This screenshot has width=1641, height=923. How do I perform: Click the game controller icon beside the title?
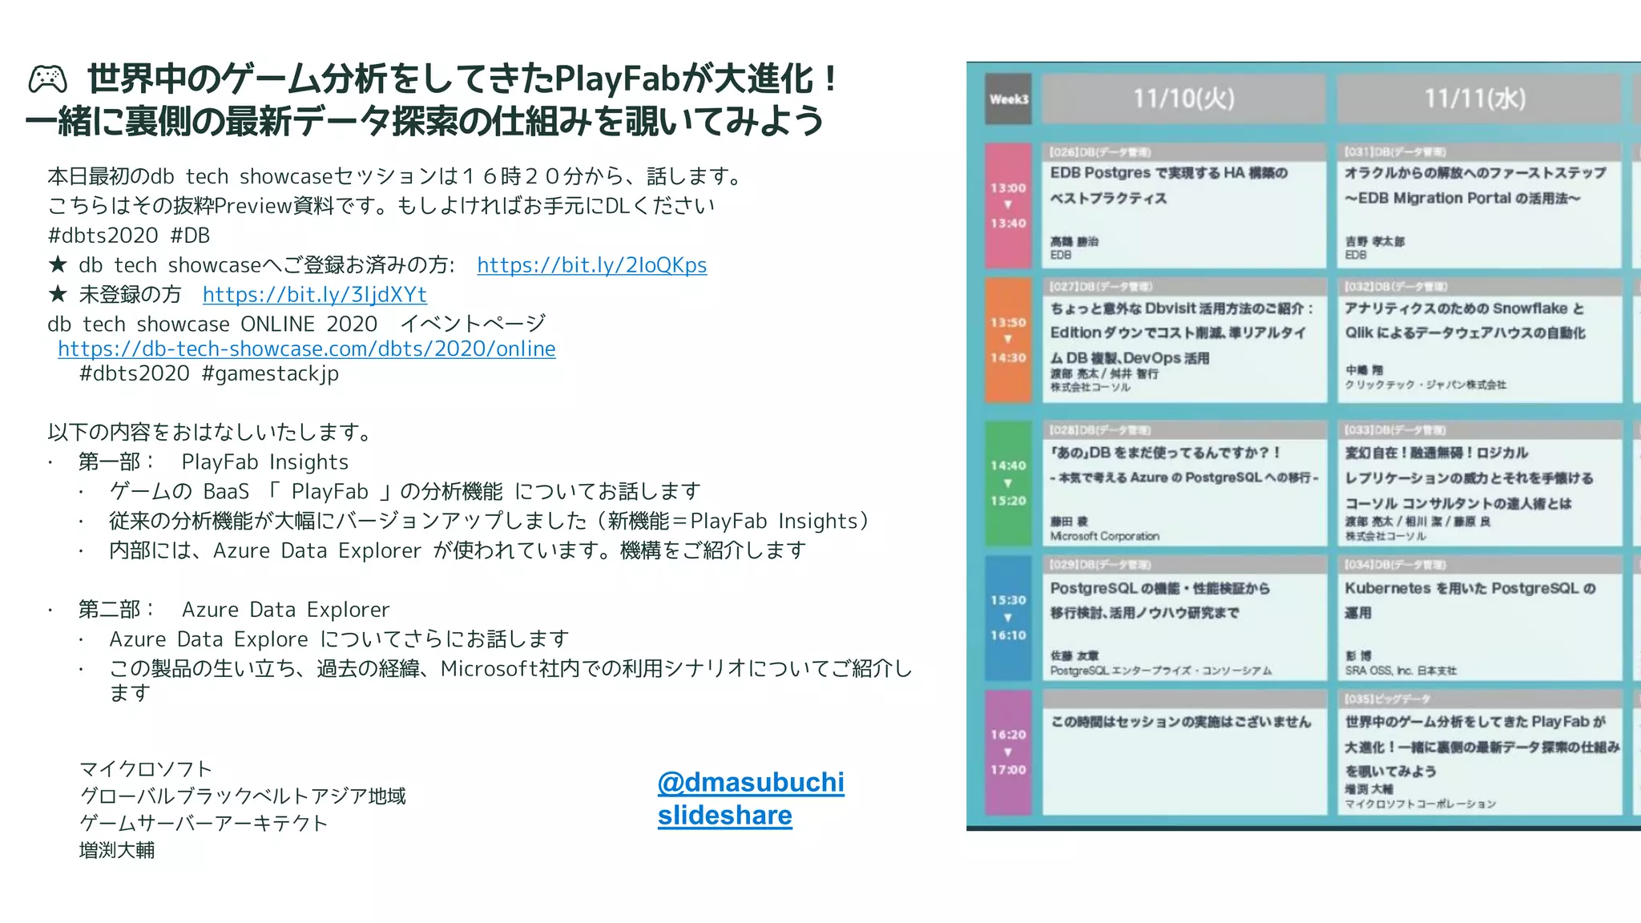tap(48, 79)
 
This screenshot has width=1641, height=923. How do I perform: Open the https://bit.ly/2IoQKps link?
tap(591, 265)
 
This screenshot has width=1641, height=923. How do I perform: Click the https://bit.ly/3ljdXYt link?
tap(314, 295)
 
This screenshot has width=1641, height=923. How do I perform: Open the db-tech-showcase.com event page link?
tap(306, 349)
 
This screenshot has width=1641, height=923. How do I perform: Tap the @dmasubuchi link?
tap(750, 782)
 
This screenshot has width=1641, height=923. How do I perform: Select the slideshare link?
tap(724, 816)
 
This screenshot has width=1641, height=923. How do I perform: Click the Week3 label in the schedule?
tap(1008, 99)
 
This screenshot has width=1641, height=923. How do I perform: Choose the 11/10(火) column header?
tap(1183, 99)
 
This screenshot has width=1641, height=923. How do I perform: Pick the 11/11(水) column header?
tap(1474, 99)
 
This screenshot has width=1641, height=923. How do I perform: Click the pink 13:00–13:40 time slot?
tap(1007, 205)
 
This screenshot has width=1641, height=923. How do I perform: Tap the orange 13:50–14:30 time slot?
tap(1007, 340)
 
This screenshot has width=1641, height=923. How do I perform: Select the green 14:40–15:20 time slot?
tap(1007, 482)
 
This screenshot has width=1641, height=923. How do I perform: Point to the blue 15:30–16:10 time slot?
tap(1007, 617)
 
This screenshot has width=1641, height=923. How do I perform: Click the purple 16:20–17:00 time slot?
tap(1007, 752)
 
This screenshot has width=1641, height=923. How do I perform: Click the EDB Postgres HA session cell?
tap(1183, 205)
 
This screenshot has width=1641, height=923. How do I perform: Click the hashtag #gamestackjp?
tap(270, 374)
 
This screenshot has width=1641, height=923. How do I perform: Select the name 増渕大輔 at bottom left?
tap(117, 851)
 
